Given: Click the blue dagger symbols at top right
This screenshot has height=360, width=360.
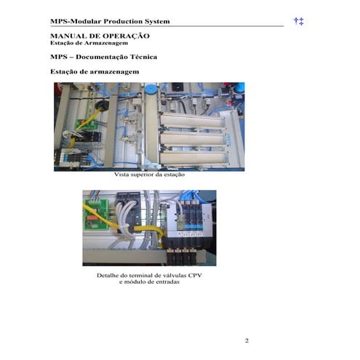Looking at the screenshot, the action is [298, 21].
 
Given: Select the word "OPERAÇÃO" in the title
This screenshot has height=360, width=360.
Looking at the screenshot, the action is [126, 36].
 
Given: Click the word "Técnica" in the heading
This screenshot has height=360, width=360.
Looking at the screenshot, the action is [143, 57].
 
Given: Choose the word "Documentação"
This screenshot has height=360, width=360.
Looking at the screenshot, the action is [102, 57].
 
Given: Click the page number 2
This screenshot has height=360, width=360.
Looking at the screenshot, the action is [247, 340].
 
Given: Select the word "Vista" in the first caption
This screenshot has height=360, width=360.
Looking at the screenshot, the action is [121, 175].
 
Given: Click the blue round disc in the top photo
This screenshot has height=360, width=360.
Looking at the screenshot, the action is [151, 89].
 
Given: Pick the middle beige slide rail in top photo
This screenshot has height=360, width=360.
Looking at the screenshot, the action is [193, 139].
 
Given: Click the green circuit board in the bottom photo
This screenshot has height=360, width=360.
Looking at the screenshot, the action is [95, 215].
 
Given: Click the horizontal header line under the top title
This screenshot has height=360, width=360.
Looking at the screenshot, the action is [167, 25].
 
